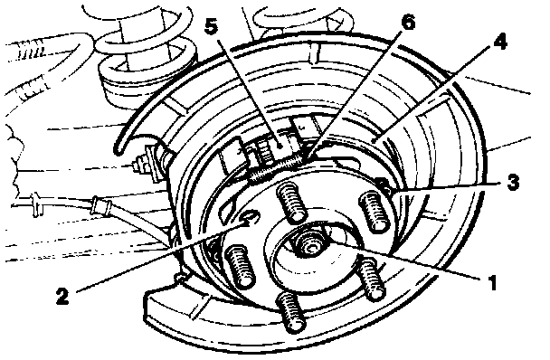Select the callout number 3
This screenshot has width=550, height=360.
click(x=513, y=183)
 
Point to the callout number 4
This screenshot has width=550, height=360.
click(x=500, y=43)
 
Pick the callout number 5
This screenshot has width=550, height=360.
click(x=211, y=26)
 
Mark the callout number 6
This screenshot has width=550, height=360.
click(x=408, y=24)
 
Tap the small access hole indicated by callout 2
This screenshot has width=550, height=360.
click(x=249, y=219)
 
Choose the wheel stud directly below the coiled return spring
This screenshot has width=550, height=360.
click(x=290, y=202)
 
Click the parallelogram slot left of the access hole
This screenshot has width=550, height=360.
click(x=227, y=211)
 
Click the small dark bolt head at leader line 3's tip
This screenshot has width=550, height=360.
click(x=383, y=184)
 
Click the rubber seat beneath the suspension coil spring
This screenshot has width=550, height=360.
click(x=147, y=79)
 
